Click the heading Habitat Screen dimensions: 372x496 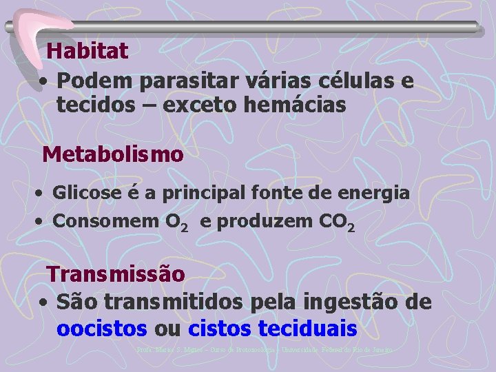(87, 50)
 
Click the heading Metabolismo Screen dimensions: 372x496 (113, 154)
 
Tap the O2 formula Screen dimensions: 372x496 (172, 222)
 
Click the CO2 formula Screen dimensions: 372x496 (335, 222)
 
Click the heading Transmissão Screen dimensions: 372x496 (116, 274)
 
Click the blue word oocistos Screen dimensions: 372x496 (102, 329)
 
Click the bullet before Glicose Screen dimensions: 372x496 (43, 193)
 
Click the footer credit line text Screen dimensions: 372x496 (265, 350)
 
